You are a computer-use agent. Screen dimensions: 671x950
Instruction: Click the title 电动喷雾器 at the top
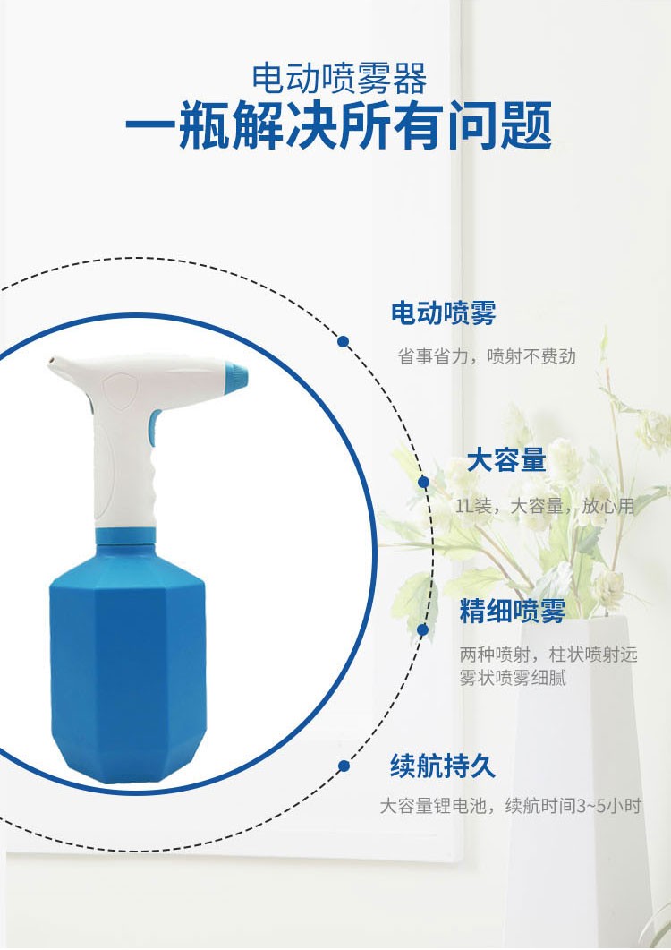coord(339,78)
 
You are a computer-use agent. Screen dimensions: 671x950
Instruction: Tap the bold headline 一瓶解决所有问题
coord(338,125)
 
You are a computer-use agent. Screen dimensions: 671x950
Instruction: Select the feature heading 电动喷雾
coord(443,312)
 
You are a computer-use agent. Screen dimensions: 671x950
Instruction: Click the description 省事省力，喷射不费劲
coord(487,356)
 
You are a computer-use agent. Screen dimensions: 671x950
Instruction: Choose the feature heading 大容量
coord(506,460)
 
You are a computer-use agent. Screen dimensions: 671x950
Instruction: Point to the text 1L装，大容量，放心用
coord(545,506)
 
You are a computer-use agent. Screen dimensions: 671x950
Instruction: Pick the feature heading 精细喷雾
coord(513,611)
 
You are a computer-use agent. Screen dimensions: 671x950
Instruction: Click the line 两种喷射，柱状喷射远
coord(548,655)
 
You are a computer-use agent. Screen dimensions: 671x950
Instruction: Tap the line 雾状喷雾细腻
coord(513,678)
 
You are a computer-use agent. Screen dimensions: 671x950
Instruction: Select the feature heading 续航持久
coord(443,766)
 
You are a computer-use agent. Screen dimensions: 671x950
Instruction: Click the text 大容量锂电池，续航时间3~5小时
coord(510,806)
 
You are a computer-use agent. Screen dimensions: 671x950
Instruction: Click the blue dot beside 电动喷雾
coord(344,342)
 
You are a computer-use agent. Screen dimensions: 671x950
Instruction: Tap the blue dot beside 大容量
coord(424,483)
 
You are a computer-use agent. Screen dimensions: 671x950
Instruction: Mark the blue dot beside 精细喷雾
coord(422,630)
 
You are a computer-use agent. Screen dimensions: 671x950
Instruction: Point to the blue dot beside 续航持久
coord(344,766)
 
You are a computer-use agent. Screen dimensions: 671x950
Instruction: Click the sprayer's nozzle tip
coord(51,365)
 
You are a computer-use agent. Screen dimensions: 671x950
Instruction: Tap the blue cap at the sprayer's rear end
coord(236,378)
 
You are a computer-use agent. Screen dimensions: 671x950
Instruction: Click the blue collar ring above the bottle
coord(126,536)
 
